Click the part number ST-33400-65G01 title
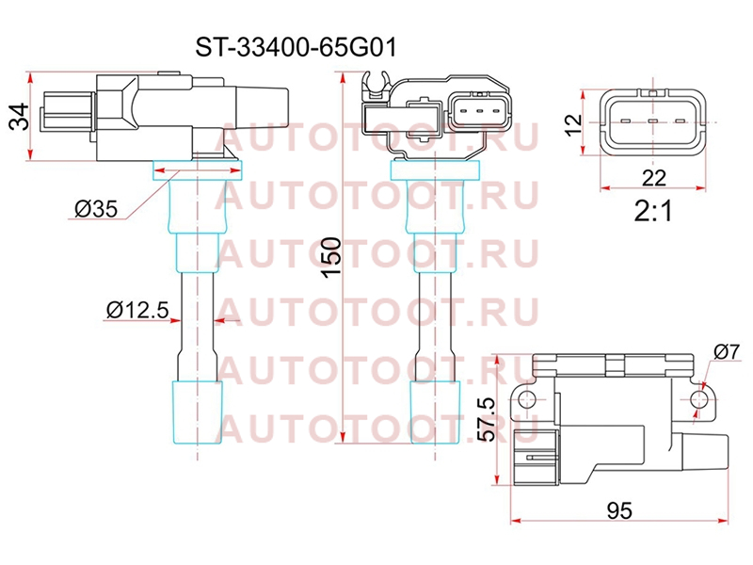coord(296,48)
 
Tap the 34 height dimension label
coord(20,117)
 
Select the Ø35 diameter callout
coord(96,208)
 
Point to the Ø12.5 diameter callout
coord(137,310)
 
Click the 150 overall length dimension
coord(331,257)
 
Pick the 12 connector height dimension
coord(573,125)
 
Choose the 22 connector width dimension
coord(653,178)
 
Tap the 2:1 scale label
coord(653,210)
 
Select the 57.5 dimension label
coord(487,418)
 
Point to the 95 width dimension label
coord(619,510)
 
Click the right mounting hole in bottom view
coord(699,399)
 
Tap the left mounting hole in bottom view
coord(527,399)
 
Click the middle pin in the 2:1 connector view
coord(652,121)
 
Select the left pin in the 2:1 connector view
coord(625,121)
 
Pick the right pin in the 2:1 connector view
coord(680,121)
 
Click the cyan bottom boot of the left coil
coord(198,412)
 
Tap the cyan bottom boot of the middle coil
coord(435,412)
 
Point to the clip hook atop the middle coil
coord(375,84)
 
